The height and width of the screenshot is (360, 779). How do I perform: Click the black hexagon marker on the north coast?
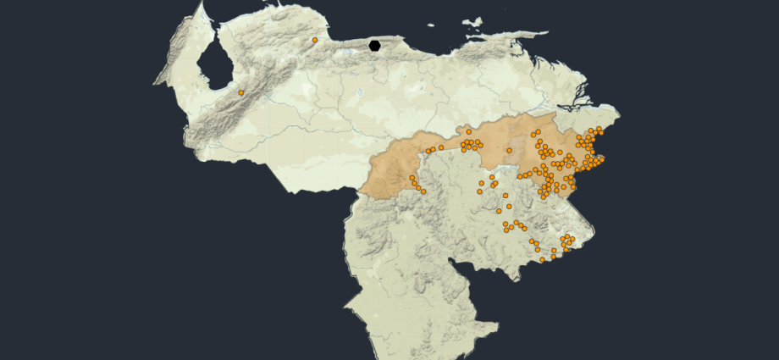tap(375, 45)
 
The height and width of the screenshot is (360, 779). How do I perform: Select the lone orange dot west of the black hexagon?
tap(315, 40)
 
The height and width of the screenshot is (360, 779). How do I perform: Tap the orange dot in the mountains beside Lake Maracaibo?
tap(241, 92)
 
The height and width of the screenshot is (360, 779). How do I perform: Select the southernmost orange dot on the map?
tap(543, 260)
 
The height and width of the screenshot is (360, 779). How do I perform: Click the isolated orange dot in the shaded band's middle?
tap(510, 151)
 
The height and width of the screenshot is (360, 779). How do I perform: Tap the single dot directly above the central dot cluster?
tap(469, 132)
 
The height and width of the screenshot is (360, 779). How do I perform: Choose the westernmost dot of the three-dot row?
tap(428, 152)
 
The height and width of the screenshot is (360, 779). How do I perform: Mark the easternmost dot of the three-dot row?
tap(441, 147)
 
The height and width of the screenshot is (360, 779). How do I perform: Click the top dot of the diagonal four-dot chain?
tap(412, 177)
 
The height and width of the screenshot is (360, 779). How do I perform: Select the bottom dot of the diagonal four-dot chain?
tap(423, 191)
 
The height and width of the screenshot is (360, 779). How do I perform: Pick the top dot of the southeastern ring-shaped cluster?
tap(567, 237)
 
